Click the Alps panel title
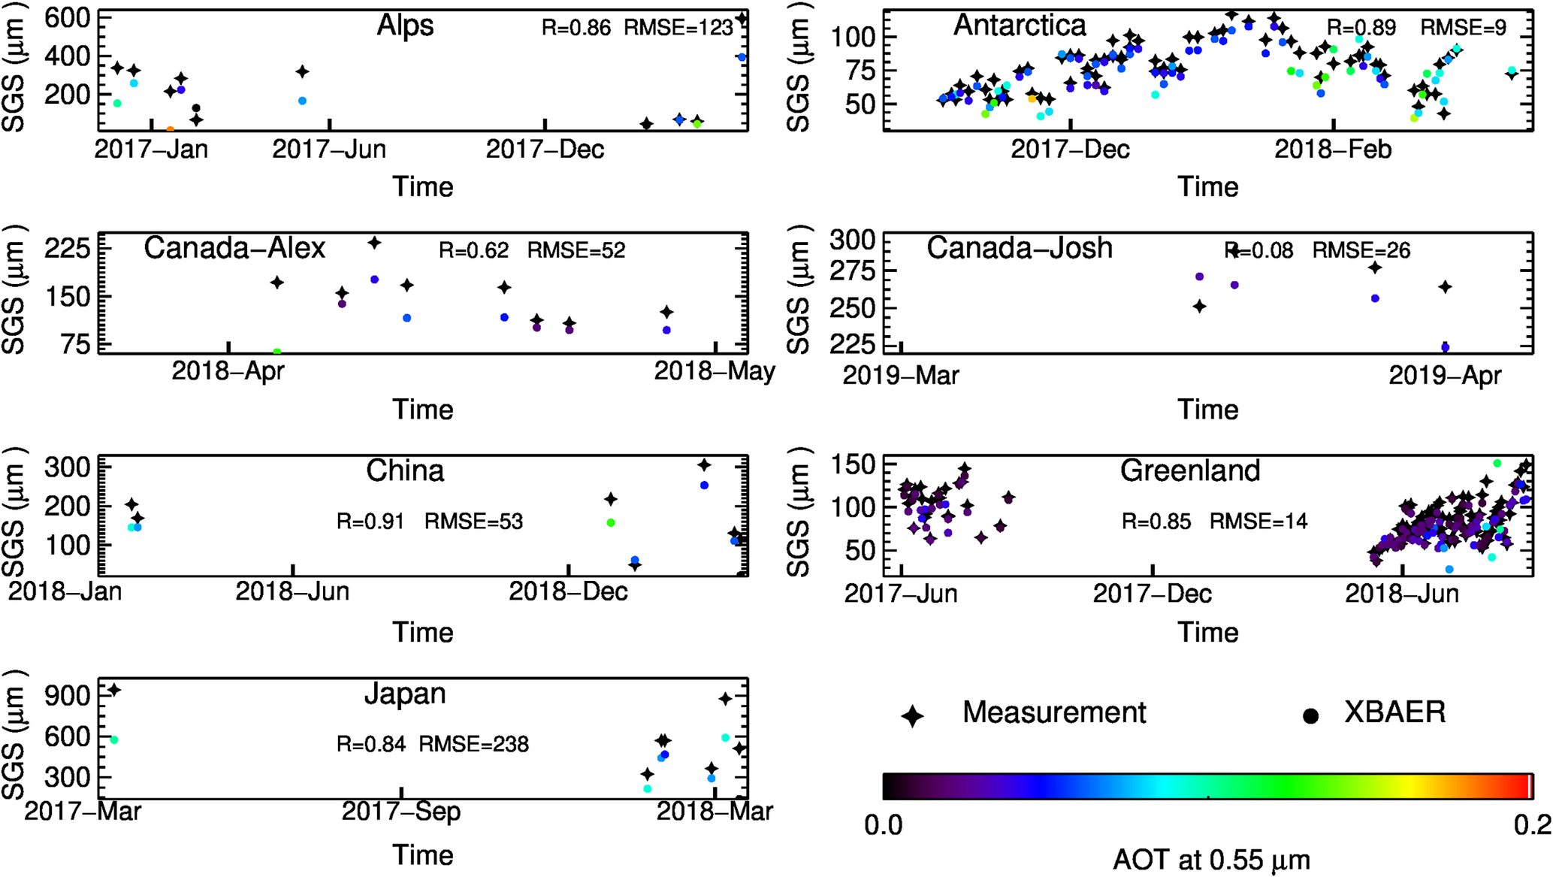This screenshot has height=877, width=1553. pyautogui.click(x=405, y=26)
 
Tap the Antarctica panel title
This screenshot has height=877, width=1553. pyautogui.click(x=1020, y=26)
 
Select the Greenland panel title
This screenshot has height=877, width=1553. pyautogui.click(x=1189, y=471)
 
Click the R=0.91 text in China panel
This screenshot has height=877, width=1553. pyautogui.click(x=370, y=522)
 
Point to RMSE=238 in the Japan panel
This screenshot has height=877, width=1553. pyautogui.click(x=473, y=744)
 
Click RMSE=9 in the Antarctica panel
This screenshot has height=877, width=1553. pyautogui.click(x=1463, y=29)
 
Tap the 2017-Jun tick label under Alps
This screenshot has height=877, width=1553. pyautogui.click(x=329, y=150)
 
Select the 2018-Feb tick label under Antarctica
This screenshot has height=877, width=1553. pyautogui.click(x=1333, y=150)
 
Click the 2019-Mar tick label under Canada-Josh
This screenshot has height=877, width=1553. pyautogui.click(x=900, y=375)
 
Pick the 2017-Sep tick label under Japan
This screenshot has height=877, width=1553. pyautogui.click(x=401, y=812)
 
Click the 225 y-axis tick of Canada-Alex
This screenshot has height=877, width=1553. pyautogui.click(x=68, y=249)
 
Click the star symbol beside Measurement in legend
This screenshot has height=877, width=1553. pyautogui.click(x=913, y=715)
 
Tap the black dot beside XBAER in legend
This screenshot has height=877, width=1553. pyautogui.click(x=1310, y=716)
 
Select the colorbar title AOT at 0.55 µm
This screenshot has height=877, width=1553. pyautogui.click(x=1211, y=859)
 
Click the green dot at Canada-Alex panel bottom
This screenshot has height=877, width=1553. pyautogui.click(x=276, y=352)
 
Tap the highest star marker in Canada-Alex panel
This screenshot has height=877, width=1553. pyautogui.click(x=374, y=243)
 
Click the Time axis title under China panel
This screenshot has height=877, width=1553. pyautogui.click(x=422, y=633)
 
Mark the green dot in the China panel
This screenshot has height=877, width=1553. pyautogui.click(x=611, y=523)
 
